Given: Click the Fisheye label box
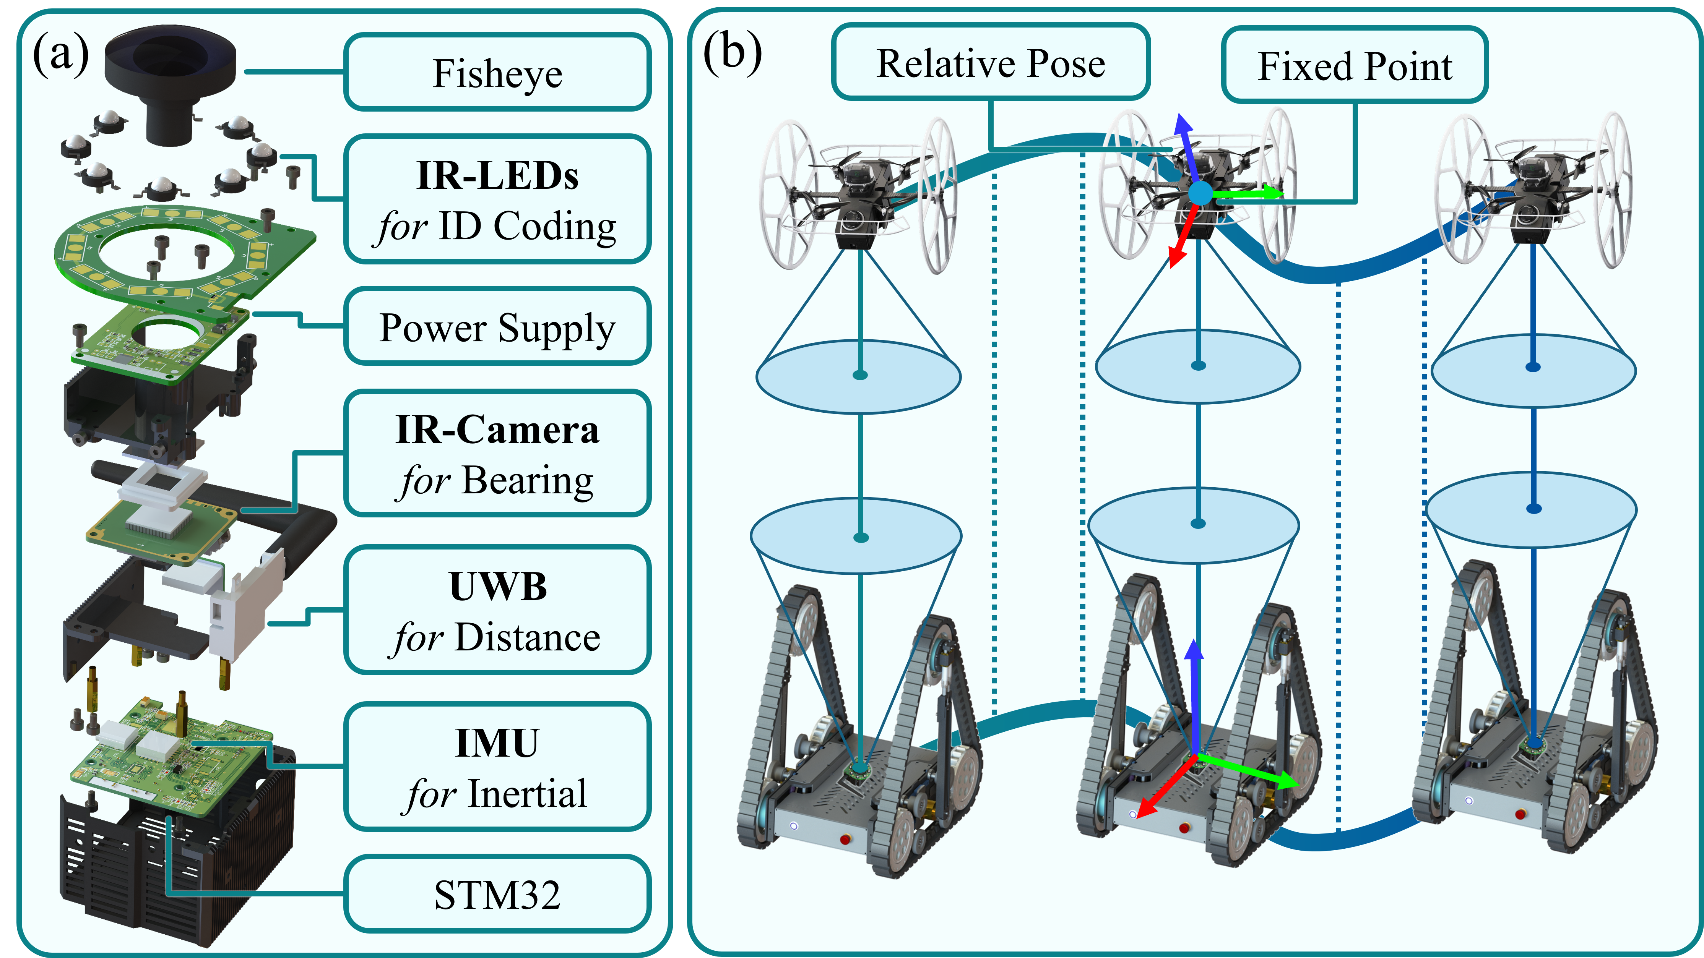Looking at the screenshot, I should [497, 72].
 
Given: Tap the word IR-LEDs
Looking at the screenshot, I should [497, 176].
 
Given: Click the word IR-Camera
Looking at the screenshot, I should [497, 430].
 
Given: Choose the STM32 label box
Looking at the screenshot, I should [497, 895].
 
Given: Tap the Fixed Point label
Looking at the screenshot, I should [1355, 66].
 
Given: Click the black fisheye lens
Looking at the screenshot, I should [171, 73].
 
